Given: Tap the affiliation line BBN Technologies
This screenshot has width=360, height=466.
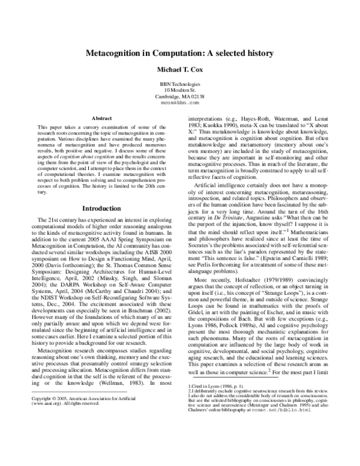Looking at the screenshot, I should point(180,83).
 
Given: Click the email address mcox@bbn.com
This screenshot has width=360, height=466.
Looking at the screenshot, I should point(180,103).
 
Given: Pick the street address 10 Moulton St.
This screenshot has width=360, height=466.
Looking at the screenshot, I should point(180,90).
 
